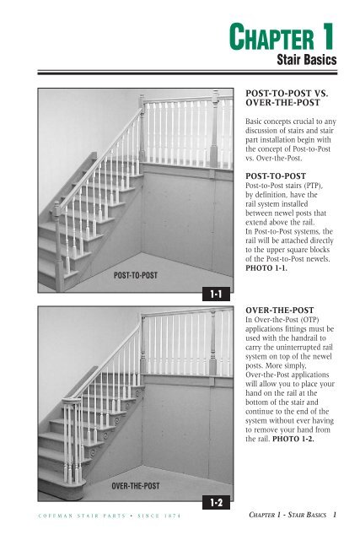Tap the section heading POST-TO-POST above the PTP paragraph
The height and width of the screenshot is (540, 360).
click(281, 175)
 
